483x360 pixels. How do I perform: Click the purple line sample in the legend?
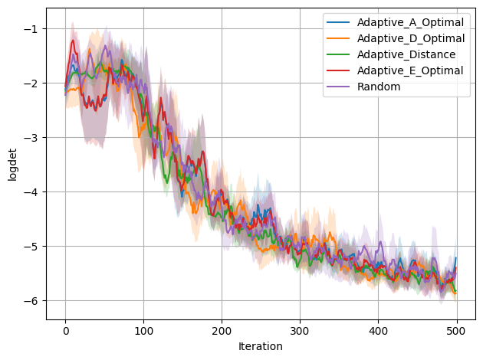337,87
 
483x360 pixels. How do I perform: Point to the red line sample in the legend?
337,70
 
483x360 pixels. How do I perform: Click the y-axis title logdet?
12,163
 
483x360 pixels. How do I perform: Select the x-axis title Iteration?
261,346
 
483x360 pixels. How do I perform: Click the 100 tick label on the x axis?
144,330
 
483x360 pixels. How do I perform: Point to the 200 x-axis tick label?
222,330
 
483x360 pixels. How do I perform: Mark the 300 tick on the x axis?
301,330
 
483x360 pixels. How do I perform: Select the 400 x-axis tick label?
379,330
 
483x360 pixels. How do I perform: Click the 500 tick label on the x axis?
457,330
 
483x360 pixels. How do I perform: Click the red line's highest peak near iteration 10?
74,41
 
